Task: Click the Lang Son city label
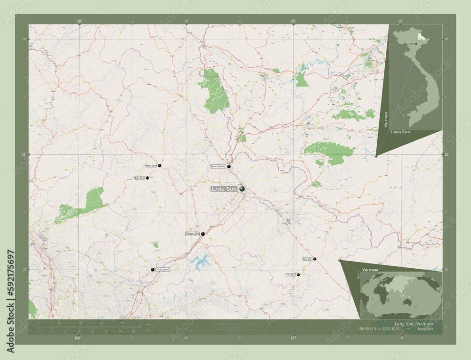[224, 189]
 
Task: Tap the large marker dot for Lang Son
[242, 189]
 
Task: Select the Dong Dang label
[218, 167]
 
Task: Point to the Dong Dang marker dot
[229, 167]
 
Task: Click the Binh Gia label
[151, 166]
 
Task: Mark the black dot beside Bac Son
[147, 178]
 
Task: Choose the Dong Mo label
[192, 234]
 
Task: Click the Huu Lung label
[162, 270]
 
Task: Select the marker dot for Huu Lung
[153, 270]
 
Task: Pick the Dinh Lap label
[307, 259]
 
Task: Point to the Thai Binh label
[290, 274]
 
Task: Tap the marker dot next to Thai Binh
[298, 274]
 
